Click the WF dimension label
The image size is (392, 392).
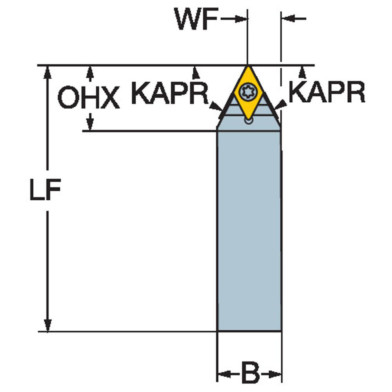(x=196, y=19)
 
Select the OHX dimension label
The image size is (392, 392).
(x=89, y=97)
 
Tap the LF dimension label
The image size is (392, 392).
(x=45, y=189)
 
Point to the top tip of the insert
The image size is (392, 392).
(x=248, y=66)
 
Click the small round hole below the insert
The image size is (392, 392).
(x=249, y=121)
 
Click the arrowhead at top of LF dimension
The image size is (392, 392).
(x=47, y=73)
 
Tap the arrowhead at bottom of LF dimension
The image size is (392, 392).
(x=47, y=325)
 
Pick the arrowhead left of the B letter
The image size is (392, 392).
(x=224, y=374)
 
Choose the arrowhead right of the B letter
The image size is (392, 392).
(x=275, y=374)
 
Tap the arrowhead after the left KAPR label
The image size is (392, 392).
(x=216, y=106)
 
